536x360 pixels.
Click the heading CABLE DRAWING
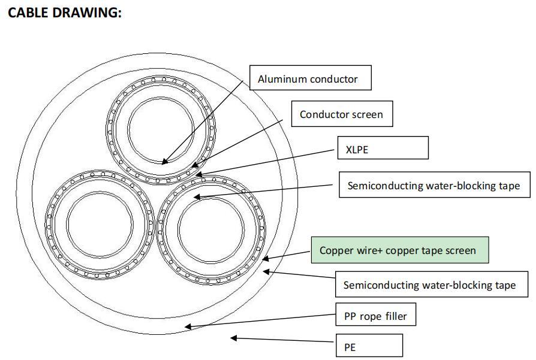click(x=64, y=13)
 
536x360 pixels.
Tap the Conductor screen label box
click(x=342, y=114)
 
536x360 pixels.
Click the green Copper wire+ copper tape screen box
click(x=399, y=250)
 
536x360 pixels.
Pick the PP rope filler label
click(x=374, y=315)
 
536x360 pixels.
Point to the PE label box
click(x=369, y=346)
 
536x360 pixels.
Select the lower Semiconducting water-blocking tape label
click(x=429, y=285)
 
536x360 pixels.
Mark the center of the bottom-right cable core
click(x=210, y=228)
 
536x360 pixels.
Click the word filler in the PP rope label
click(x=395, y=315)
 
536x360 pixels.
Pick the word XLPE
click(x=357, y=149)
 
